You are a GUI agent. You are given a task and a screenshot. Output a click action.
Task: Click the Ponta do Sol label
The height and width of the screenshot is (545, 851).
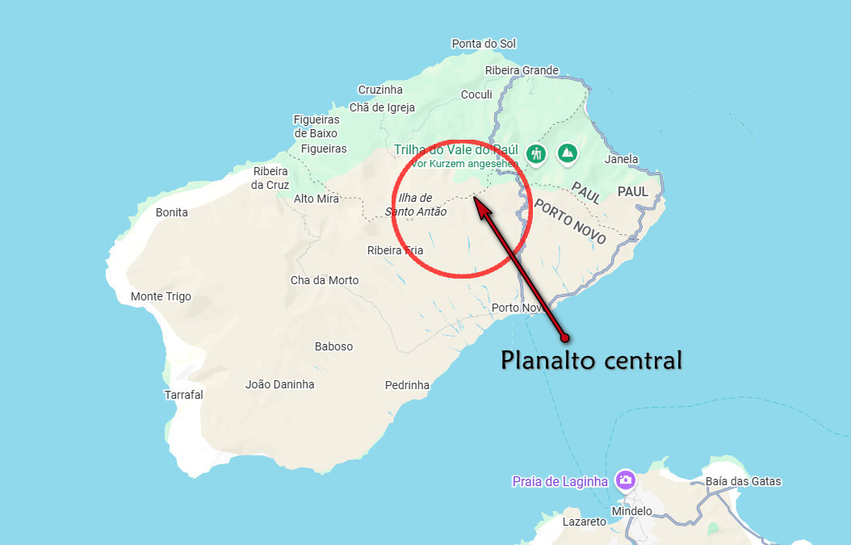tap(484, 44)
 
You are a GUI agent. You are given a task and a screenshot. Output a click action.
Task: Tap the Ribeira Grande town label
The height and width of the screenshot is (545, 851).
tap(522, 70)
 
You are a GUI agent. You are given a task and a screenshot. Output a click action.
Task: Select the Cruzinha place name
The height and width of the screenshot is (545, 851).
tap(380, 90)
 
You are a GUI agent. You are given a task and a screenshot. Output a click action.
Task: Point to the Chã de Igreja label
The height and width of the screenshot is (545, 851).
tap(382, 107)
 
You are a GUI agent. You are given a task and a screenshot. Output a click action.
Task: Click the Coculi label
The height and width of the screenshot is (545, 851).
tap(476, 94)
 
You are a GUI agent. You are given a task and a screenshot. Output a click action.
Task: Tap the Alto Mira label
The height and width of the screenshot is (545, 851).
tap(317, 199)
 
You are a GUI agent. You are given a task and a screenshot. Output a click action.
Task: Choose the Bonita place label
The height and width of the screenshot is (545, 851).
tap(171, 212)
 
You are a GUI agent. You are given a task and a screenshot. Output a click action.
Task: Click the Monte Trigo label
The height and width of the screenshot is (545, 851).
tap(161, 296)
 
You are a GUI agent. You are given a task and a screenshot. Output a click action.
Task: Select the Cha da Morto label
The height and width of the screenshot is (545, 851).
tap(325, 280)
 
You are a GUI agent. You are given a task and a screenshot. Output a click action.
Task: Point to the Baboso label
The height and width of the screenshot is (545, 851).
tap(333, 346)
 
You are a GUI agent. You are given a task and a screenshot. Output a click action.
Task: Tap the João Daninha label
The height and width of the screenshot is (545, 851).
tap(279, 384)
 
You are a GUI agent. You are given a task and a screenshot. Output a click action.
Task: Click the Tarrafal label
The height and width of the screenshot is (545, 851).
tap(183, 395)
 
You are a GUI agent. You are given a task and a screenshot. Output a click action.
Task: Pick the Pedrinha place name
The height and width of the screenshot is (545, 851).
tap(407, 385)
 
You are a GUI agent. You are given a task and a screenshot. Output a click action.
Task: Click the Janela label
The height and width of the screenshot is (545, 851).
tap(621, 159)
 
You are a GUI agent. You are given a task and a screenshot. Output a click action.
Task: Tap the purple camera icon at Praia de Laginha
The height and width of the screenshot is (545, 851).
tap(625, 481)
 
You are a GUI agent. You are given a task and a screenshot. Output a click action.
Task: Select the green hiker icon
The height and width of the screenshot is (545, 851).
tap(535, 153)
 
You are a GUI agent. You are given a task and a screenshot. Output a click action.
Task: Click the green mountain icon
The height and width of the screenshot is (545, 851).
tap(568, 152)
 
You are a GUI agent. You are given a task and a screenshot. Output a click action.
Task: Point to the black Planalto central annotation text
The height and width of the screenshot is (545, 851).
tap(592, 359)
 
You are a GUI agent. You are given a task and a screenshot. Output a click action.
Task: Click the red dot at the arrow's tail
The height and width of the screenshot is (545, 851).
tap(565, 337)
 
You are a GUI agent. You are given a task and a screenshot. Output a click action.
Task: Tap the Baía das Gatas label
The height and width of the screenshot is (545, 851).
tap(743, 482)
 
